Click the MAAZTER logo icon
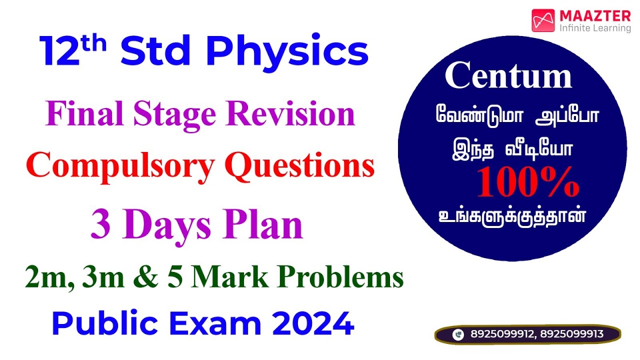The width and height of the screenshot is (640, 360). [543, 21]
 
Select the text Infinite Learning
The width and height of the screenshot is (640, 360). [595, 28]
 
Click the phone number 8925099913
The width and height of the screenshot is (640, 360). [571, 334]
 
